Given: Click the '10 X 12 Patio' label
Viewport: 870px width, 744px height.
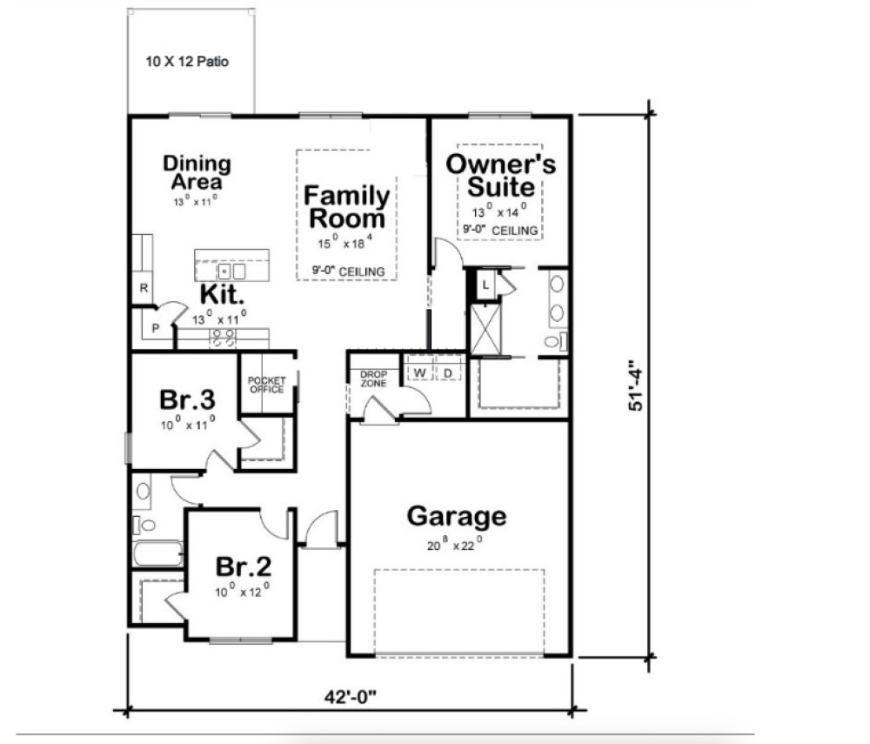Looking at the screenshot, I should click(x=187, y=63).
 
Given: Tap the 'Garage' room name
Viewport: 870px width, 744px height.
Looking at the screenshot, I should click(x=456, y=516).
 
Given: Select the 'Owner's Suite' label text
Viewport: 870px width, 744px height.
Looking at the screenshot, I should click(x=500, y=175).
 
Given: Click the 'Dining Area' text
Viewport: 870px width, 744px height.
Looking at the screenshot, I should click(x=197, y=172).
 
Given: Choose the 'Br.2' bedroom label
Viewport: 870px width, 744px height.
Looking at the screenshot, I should click(x=244, y=566).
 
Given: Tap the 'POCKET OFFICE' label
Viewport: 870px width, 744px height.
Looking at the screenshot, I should click(x=266, y=385).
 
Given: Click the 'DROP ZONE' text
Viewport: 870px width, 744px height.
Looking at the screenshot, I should click(x=373, y=379).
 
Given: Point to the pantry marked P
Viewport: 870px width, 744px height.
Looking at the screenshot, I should click(x=155, y=329).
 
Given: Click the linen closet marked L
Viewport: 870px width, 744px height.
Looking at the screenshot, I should click(x=485, y=284).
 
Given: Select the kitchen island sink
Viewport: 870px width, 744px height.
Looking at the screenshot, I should click(x=231, y=271).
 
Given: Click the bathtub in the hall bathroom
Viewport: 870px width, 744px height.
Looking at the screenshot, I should click(x=157, y=554).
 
